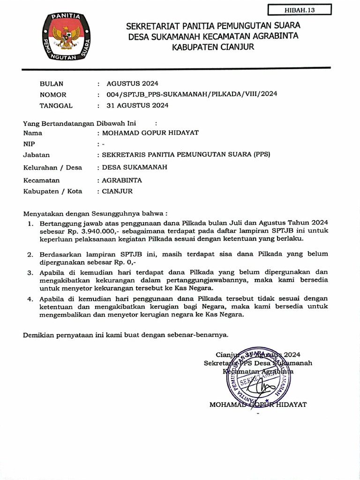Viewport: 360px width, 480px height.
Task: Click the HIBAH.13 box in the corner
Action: pyautogui.click(x=300, y=10)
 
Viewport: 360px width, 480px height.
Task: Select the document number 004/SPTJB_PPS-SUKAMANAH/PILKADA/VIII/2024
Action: pyautogui.click(x=192, y=94)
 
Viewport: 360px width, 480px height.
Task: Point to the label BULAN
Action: pyautogui.click(x=51, y=84)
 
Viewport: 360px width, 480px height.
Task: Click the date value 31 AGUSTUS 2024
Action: pyautogui.click(x=137, y=105)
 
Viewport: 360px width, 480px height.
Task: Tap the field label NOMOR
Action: pyautogui.click(x=53, y=94)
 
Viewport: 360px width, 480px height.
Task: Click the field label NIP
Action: pyautogui.click(x=29, y=144)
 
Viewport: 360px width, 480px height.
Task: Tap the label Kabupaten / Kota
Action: pyautogui.click(x=52, y=191)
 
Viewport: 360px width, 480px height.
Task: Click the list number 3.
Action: pyautogui.click(x=30, y=272)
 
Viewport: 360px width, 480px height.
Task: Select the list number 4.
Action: pyautogui.click(x=30, y=299)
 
